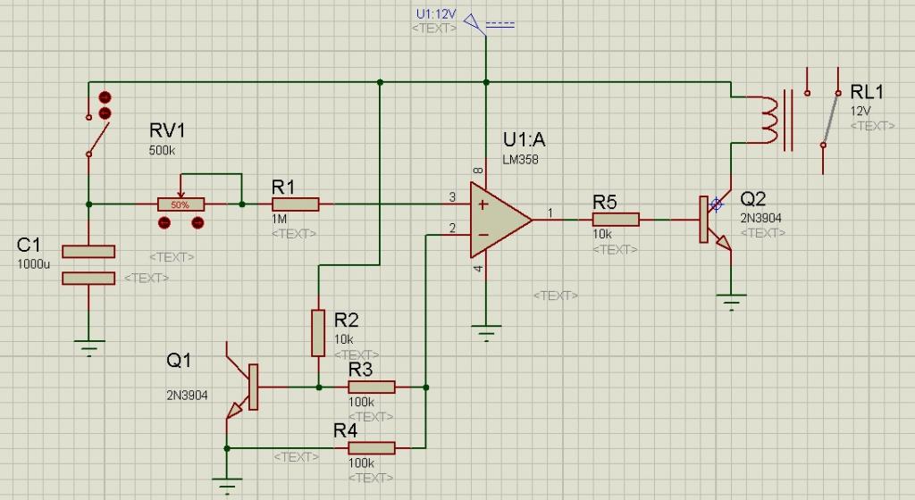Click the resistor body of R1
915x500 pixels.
point(295,204)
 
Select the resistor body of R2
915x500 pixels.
point(318,332)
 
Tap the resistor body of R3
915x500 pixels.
point(371,387)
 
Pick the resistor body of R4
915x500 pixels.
point(371,447)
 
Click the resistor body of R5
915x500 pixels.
point(616,219)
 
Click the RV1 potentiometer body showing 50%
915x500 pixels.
point(180,204)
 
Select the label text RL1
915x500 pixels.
point(867,92)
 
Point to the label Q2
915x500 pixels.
point(753,198)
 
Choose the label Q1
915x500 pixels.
point(179,361)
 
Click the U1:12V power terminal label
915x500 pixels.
point(436,14)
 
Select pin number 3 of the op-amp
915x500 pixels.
point(452,196)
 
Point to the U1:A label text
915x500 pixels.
point(524,140)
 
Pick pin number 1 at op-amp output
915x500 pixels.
point(550,212)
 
